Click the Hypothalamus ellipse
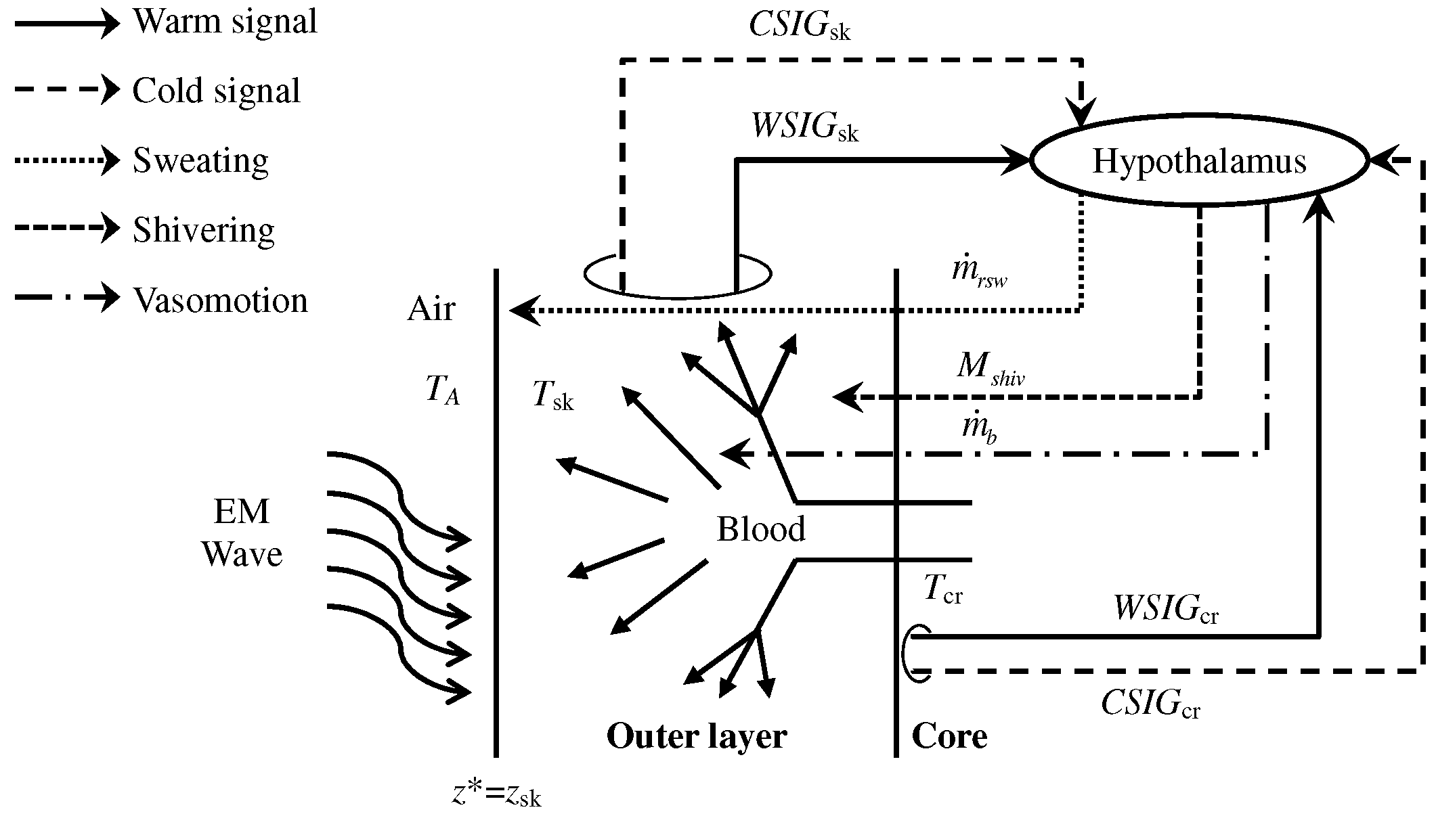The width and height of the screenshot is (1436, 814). [1198, 161]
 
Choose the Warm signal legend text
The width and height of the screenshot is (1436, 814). [225, 22]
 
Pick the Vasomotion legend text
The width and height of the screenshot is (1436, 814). [220, 300]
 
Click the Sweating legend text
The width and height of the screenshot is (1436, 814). [200, 161]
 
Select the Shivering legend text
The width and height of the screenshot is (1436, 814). [203, 231]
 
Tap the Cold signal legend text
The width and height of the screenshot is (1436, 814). [216, 91]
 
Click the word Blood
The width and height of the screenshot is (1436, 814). [761, 529]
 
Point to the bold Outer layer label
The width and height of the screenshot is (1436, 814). [696, 736]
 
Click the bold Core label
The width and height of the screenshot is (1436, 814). [949, 736]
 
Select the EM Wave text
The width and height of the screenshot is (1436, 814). [242, 533]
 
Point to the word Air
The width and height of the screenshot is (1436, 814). [431, 309]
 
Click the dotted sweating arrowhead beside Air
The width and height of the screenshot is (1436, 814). [523, 311]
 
